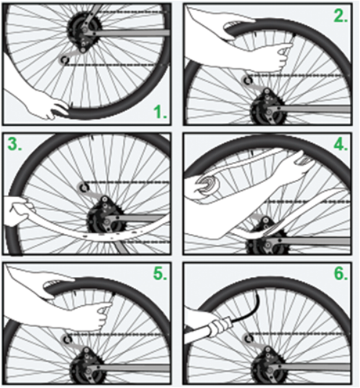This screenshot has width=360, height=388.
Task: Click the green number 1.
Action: coord(160,112)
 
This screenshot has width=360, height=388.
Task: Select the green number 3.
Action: coord(15,144)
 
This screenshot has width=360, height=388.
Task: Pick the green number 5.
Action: coord(161,274)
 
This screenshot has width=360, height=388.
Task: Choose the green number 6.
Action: coord(341,274)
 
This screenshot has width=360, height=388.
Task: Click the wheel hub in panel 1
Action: coord(84,30)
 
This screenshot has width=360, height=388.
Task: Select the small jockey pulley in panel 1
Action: coord(65,59)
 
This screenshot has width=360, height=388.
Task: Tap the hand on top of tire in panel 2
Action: coord(231,27)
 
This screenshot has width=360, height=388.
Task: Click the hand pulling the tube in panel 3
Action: coord(17,212)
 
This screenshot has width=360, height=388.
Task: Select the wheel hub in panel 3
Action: coord(104,217)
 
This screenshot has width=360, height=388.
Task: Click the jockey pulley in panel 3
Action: coord(84,188)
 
